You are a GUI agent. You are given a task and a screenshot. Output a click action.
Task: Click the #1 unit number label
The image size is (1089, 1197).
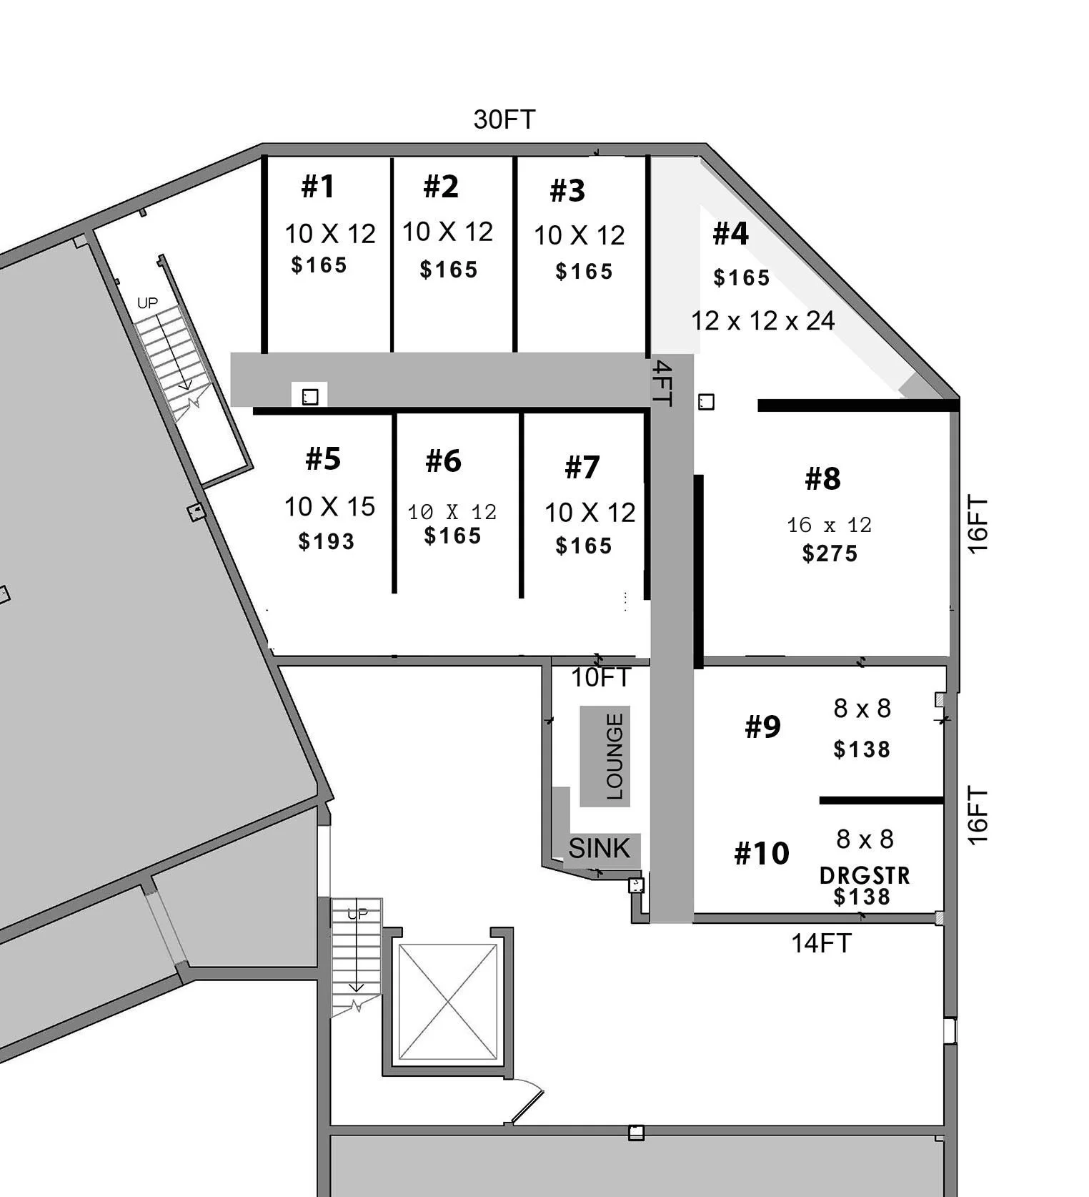[x=318, y=187]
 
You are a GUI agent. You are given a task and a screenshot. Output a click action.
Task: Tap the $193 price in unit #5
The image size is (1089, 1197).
[x=327, y=541]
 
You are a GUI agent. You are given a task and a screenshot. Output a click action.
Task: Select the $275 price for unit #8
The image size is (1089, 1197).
[x=830, y=553]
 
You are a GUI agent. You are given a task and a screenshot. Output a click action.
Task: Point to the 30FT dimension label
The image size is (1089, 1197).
[x=504, y=119]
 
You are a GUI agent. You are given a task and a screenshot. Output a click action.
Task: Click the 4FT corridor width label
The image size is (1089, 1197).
[x=662, y=383]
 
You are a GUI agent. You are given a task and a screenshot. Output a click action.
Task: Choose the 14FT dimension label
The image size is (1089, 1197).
[x=822, y=943]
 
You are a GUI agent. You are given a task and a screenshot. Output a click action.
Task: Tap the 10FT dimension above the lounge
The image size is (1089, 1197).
[x=601, y=677]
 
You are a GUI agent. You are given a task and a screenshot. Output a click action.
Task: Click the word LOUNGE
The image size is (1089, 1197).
[x=615, y=756]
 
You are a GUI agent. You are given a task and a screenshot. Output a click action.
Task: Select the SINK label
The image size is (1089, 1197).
[x=600, y=848]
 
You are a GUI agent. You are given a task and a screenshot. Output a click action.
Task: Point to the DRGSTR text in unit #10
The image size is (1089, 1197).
[x=865, y=875]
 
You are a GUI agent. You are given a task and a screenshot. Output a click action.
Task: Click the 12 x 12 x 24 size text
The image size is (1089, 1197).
[x=762, y=320]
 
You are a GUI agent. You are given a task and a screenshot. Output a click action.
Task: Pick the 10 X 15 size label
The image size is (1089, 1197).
[x=329, y=506]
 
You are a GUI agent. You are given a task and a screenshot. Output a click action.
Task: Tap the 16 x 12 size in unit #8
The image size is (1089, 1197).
[x=829, y=526]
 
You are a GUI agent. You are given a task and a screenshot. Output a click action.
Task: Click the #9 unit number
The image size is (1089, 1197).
[x=762, y=726]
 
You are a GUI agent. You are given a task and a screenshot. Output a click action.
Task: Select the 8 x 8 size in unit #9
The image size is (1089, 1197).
[x=862, y=708]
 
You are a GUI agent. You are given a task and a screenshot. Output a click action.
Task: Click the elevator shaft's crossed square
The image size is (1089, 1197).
[x=448, y=1002]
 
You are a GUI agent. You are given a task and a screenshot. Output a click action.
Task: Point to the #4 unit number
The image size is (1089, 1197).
[x=730, y=234]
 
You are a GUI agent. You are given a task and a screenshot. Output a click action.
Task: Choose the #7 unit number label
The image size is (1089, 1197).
[x=582, y=468]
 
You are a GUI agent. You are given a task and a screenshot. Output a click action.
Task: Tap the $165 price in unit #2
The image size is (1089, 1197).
[x=449, y=270]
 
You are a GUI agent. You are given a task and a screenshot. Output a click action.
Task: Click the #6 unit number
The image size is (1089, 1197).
[x=444, y=461]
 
